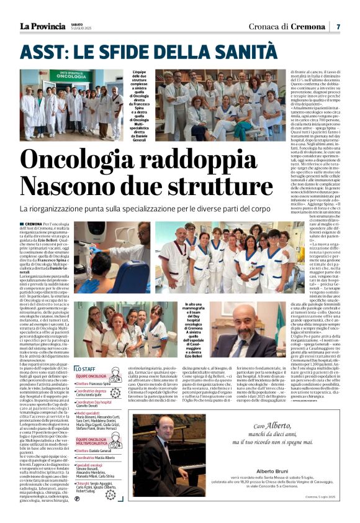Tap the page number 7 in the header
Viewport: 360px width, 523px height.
338,27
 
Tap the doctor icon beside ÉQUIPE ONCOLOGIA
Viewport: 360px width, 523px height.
115,376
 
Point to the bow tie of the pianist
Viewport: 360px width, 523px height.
153,443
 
